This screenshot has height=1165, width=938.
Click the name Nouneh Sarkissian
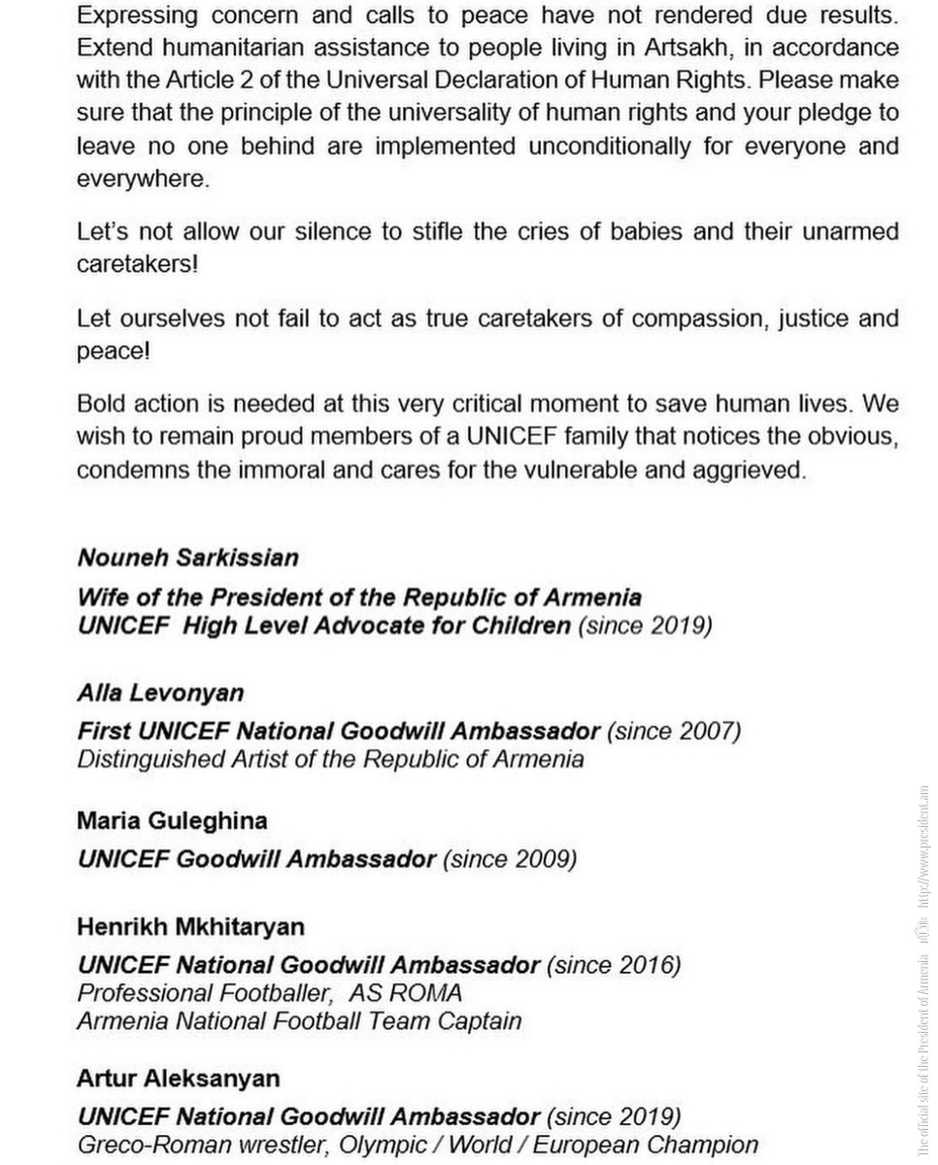coord(187,558)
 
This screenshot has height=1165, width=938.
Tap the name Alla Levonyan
coord(160,693)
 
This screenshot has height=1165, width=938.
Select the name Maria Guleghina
coord(172,821)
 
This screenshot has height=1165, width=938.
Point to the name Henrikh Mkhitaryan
coord(190,927)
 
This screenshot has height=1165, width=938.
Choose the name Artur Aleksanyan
coord(178,1079)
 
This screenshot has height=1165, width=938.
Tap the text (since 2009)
coord(510,859)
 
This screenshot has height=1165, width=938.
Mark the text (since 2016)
coord(614,965)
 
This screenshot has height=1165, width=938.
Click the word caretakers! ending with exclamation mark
coord(137,264)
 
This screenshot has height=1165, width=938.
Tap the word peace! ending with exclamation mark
coord(114,350)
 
